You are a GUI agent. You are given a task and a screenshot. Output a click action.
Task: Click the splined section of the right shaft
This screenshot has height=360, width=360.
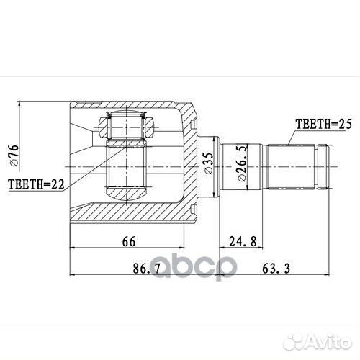[291, 166]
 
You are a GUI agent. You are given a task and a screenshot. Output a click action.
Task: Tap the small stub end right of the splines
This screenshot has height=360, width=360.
[322, 166]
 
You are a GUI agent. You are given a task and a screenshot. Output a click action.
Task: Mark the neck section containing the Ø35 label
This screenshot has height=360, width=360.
[208, 166]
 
